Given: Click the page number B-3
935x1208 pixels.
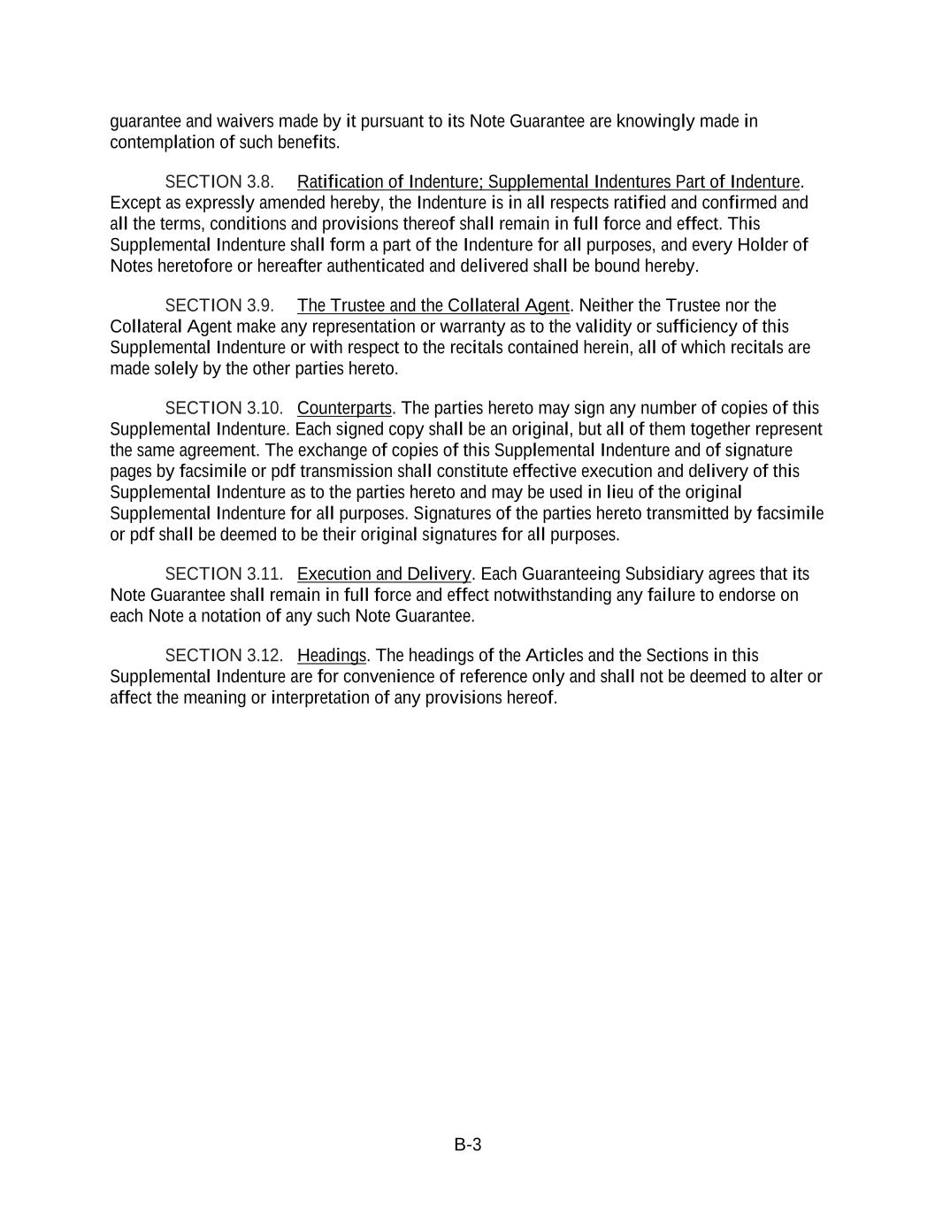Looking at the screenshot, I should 467,1144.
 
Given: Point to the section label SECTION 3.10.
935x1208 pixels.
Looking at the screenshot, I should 224,408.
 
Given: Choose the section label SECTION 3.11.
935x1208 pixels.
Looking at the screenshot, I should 224,573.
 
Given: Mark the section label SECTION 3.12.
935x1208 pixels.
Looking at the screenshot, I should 224,655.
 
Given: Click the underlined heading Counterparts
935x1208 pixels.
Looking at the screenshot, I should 344,408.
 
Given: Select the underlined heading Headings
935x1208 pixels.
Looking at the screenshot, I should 332,655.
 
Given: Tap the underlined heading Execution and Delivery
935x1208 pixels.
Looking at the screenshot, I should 384,573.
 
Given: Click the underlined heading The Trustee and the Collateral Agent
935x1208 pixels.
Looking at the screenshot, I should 433,305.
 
